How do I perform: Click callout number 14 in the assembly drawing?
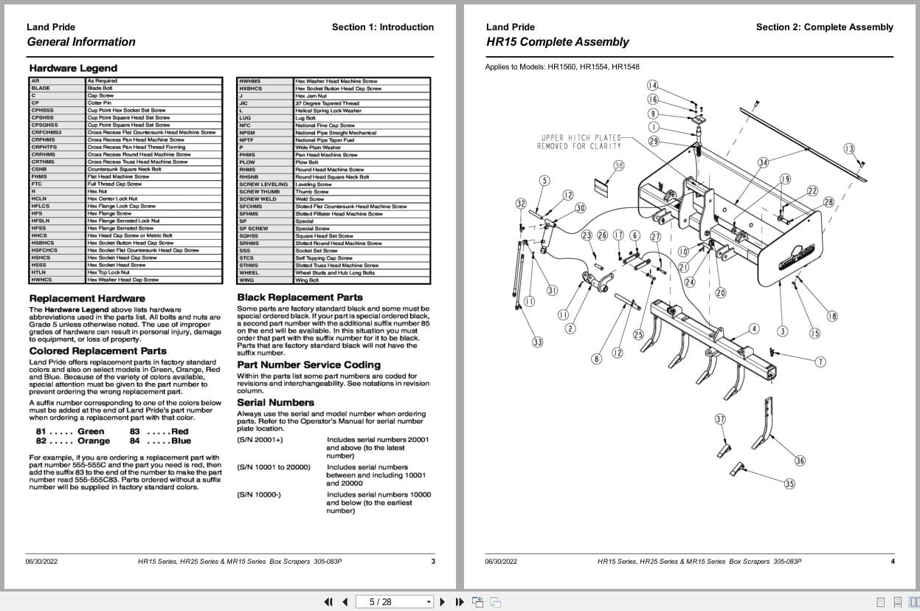tap(652, 86)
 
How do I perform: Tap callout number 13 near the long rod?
tap(849, 149)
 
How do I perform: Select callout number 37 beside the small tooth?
tap(720, 419)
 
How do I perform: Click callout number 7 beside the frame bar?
tap(820, 362)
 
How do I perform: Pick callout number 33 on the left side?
tap(538, 342)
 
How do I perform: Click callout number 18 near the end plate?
tap(832, 317)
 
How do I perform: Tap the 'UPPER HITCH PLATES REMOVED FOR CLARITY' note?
tap(579, 142)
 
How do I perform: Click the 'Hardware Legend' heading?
tap(73, 69)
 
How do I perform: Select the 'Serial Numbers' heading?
tap(275, 402)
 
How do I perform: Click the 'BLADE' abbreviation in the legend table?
tap(41, 89)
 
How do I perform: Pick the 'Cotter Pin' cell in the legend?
tap(99, 103)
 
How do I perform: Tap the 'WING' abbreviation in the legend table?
tap(246, 280)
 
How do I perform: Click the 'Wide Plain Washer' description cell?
tap(318, 148)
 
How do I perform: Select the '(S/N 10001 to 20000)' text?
tap(273, 467)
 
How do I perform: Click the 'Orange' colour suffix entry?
tap(93, 441)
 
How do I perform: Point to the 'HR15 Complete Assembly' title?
tap(557, 42)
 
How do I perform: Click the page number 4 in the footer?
tap(892, 562)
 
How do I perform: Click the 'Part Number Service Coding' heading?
tap(308, 365)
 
